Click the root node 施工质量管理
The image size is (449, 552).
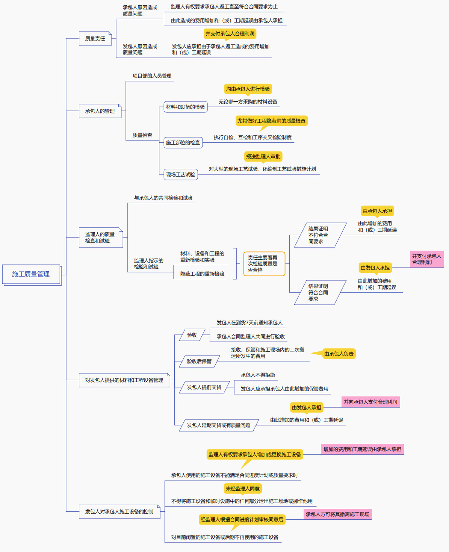coord(31,274)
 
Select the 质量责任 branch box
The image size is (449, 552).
coord(95,38)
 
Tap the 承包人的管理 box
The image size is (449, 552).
coord(100,111)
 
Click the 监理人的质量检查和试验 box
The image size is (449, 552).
coord(101,237)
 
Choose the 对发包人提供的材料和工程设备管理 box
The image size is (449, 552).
coord(124,380)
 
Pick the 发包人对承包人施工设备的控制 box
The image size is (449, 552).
coord(119,511)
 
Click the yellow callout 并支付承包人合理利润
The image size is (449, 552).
coord(230,34)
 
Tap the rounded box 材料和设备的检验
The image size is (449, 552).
coord(185,107)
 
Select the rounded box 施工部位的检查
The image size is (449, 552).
coord(183,142)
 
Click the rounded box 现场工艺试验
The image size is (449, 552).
coord(180,174)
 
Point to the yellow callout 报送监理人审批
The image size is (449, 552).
coord(263,156)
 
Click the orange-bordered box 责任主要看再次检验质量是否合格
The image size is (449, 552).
coord(264,264)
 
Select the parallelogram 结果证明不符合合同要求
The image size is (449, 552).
coord(320,235)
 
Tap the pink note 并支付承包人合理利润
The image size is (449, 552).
coord(427,259)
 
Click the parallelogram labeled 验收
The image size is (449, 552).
coord(192,335)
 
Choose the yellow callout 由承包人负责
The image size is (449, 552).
coord(339,354)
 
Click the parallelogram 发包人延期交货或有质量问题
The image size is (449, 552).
coord(218,425)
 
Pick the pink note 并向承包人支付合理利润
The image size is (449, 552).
coord(370,402)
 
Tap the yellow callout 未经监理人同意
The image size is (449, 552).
coord(243,488)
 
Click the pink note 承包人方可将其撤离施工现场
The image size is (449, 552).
coord(337,514)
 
